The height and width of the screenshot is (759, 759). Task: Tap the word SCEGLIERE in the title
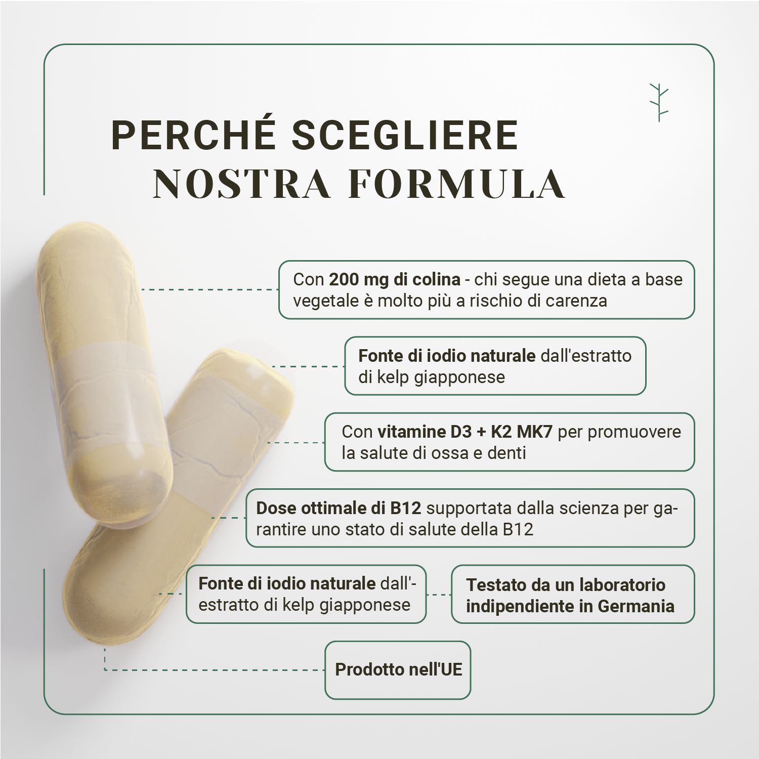point(405,135)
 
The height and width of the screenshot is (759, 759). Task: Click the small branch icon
point(659,102)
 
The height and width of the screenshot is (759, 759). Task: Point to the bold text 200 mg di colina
point(395,279)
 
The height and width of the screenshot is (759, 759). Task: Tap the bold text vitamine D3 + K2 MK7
point(465,432)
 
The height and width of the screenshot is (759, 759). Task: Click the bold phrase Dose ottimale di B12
point(338,508)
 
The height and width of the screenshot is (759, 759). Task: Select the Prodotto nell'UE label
point(398,670)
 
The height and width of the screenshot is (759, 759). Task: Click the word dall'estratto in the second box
point(586,356)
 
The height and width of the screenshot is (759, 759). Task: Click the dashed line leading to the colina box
point(210,289)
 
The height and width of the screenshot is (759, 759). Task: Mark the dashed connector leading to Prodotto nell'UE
point(213,670)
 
